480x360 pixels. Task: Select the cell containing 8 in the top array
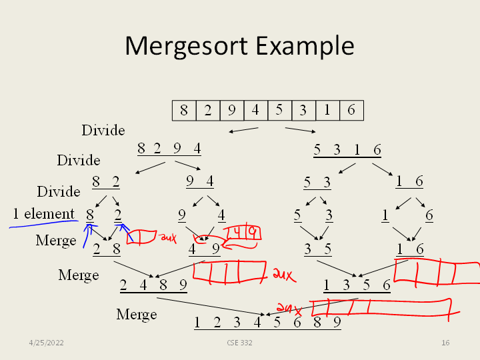point(184,110)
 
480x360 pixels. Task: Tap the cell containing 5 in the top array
point(279,110)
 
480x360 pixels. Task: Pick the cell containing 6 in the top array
point(351,110)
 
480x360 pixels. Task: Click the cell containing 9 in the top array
point(231,110)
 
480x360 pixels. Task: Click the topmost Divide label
point(103,130)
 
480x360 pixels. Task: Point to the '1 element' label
point(44,214)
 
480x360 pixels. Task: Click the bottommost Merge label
point(137,314)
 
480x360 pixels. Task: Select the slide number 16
point(446,343)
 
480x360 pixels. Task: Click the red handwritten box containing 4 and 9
point(242,233)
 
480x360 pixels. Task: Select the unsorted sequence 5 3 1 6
point(347,149)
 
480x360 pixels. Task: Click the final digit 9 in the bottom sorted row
point(337,323)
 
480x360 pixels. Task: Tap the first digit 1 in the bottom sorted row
point(197,323)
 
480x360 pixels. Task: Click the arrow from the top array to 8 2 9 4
point(243,129)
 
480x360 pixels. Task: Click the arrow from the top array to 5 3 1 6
point(300,129)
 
